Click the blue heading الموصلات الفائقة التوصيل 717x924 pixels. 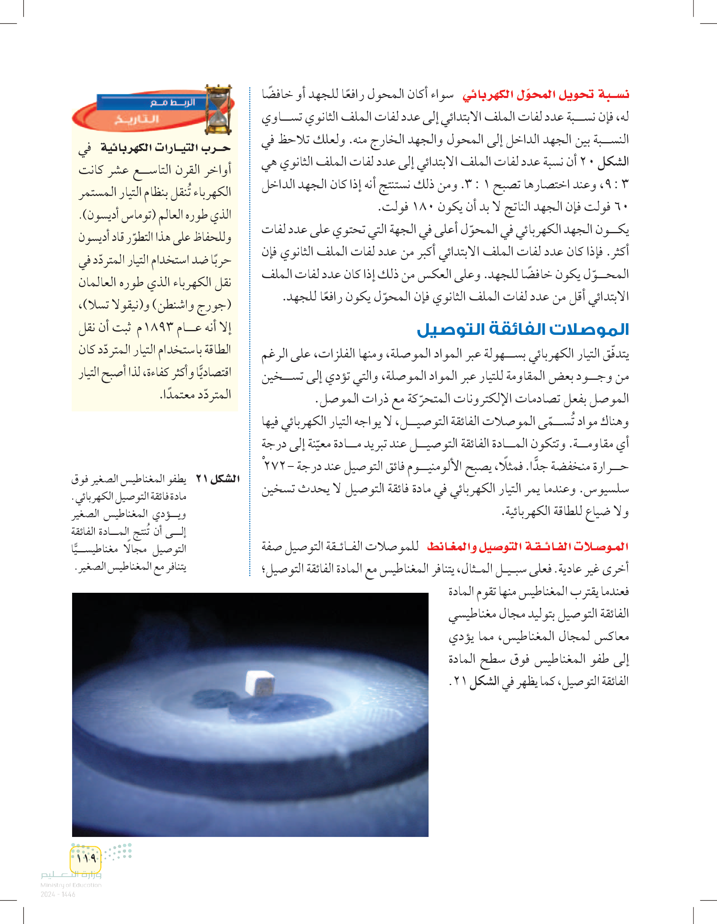(523, 330)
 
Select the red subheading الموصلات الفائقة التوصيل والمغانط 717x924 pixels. (527, 547)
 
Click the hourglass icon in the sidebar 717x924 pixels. (218, 110)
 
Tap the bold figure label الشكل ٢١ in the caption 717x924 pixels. (218, 479)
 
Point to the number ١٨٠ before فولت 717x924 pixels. (421, 207)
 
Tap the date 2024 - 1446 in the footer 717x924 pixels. (58, 894)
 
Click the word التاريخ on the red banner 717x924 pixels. (136, 119)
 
